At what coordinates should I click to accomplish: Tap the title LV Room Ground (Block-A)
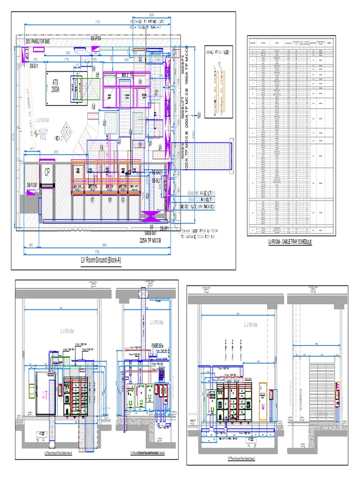101,260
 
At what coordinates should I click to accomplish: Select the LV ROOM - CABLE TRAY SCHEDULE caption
290,242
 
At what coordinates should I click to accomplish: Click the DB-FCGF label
31,184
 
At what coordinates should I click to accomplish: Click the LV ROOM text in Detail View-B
158,322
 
